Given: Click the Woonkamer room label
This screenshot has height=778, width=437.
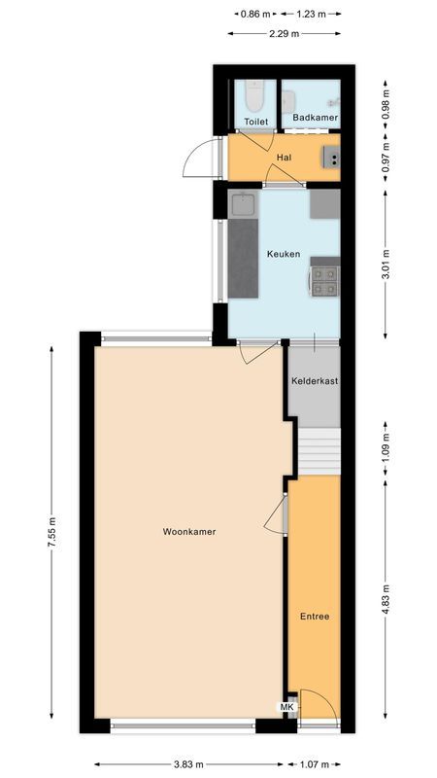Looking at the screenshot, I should pos(189,532).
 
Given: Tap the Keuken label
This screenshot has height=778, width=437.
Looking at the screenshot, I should pos(284,255).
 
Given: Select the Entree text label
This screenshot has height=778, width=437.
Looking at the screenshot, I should pos(314,617).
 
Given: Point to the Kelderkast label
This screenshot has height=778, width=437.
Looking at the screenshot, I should pos(315,381).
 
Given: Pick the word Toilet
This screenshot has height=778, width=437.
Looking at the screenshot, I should pos(255,122).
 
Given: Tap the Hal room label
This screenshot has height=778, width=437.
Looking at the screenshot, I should pos(284,158).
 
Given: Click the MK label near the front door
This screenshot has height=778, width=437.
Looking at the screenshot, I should pos(287,707).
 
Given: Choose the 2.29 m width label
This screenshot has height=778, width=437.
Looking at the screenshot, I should pos(283,33).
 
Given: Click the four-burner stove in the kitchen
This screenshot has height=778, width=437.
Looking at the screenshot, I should pos(324,280).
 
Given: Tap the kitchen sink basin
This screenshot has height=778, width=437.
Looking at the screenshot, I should pos(243,204).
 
